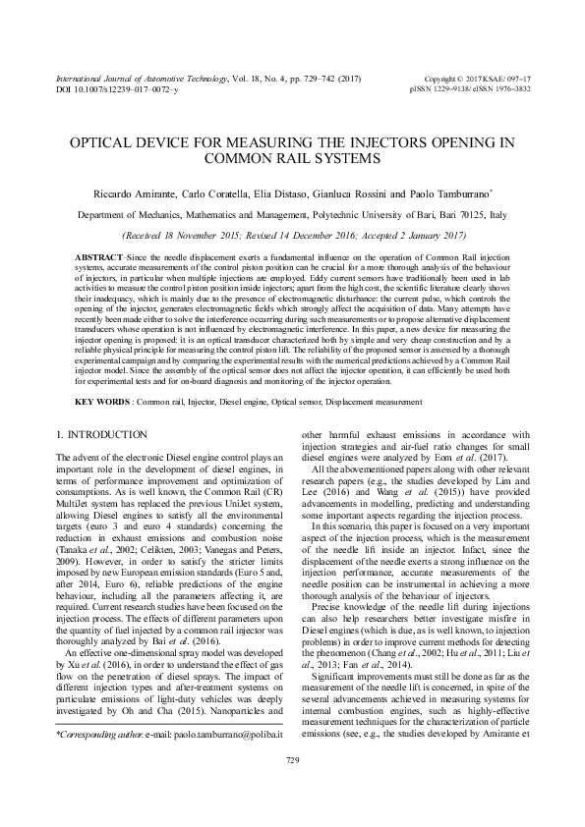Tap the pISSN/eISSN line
470,89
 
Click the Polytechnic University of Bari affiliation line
292,215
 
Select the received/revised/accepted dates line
292,237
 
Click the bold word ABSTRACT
98,254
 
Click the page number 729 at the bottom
292,788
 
